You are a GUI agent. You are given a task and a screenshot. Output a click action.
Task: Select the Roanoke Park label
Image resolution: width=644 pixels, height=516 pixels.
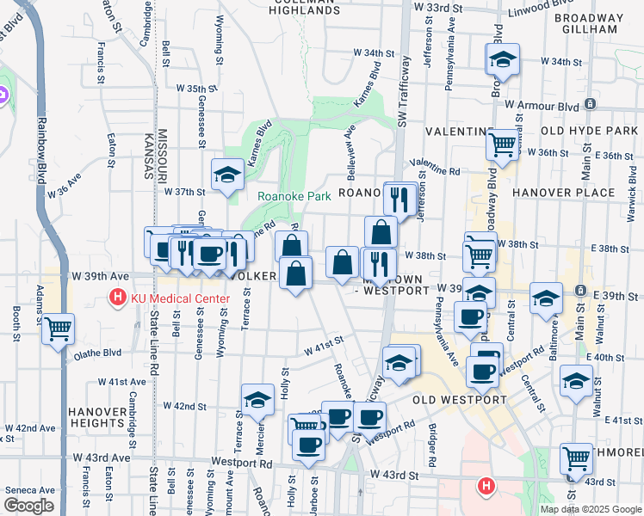(294, 196)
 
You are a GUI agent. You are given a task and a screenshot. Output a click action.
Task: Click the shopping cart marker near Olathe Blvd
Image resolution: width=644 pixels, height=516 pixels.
(59, 329)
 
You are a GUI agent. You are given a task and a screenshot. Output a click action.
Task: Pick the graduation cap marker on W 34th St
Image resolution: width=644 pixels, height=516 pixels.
(503, 59)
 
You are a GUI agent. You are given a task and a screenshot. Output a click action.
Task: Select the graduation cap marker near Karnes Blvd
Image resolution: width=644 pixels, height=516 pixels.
(226, 175)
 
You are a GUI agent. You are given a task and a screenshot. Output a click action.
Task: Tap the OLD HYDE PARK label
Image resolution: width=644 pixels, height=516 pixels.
(590, 130)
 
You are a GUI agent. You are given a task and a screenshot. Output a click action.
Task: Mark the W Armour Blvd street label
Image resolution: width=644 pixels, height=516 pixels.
(542, 105)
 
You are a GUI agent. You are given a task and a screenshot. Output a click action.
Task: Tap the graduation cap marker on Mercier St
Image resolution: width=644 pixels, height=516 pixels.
(257, 400)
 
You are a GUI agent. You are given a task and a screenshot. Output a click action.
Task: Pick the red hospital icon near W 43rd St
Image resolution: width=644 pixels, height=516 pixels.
(486, 487)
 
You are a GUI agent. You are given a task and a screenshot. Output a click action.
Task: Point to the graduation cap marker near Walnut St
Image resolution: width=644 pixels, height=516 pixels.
(575, 381)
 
